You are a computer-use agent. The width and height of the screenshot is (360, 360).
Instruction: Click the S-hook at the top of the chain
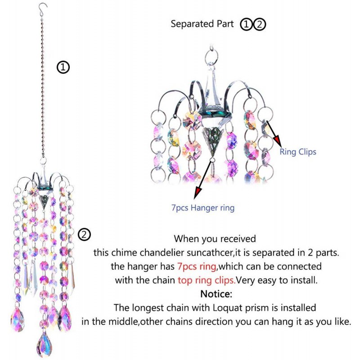42,9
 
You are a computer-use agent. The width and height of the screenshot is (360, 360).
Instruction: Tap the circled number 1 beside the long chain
63,67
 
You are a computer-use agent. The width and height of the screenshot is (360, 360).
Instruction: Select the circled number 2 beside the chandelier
85,234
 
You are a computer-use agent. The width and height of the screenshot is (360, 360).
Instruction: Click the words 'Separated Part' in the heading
202,24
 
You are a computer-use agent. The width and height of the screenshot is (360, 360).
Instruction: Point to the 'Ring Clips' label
298,152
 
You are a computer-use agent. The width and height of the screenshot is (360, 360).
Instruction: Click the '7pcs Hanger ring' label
203,208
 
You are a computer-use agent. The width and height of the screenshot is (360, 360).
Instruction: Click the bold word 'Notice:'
216,294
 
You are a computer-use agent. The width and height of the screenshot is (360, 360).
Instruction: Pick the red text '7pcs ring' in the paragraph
197,266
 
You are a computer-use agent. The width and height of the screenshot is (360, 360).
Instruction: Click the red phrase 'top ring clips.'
207,280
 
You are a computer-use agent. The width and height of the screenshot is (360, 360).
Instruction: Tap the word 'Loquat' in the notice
228,308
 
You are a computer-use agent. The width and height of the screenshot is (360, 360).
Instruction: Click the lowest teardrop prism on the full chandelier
44,344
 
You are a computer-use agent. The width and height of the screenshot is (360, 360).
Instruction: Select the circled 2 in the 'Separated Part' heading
260,24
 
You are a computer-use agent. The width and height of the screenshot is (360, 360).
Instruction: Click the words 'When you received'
215,239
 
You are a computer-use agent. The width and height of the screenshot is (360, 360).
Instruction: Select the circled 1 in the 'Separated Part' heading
246,24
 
